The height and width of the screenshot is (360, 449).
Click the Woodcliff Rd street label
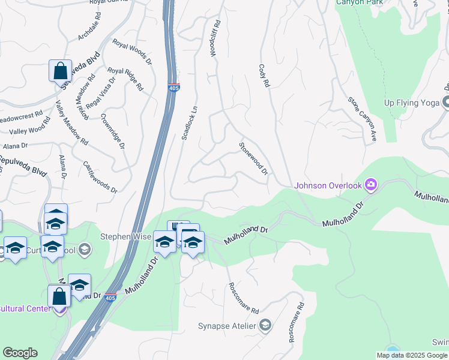pyautogui.click(x=214, y=39)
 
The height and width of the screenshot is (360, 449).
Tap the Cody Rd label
pyautogui.click(x=262, y=76)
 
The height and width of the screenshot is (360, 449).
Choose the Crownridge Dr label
pyautogui.click(x=113, y=131)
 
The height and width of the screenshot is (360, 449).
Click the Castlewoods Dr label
pyautogui.click(x=100, y=176)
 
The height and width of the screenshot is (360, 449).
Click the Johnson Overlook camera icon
pyautogui.click(x=372, y=184)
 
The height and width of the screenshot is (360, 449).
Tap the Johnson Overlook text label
pyautogui.click(x=328, y=185)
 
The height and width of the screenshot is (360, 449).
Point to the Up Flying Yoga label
pyautogui.click(x=412, y=103)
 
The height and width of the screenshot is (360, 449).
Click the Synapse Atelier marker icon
pyautogui.click(x=265, y=326)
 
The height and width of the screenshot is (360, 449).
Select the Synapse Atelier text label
pyautogui.click(x=227, y=326)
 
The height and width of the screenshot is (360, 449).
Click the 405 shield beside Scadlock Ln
pyautogui.click(x=173, y=88)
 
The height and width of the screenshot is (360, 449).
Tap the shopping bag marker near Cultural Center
pyautogui.click(x=59, y=296)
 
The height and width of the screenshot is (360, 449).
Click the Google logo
pyautogui.click(x=20, y=353)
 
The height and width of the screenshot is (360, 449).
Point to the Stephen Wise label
pyautogui.click(x=125, y=236)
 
